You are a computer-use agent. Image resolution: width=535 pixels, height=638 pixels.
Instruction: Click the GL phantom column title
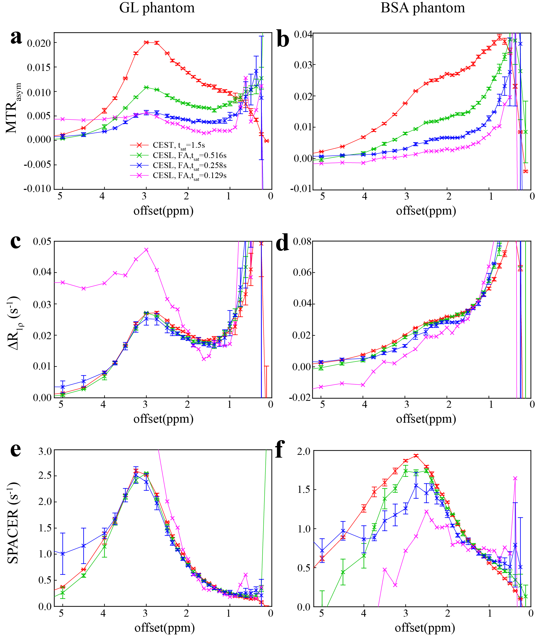tap(157, 8)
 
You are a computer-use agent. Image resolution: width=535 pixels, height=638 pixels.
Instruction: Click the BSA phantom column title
tap(423, 8)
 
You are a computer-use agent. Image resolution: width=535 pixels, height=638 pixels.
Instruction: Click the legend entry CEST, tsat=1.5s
tap(179, 145)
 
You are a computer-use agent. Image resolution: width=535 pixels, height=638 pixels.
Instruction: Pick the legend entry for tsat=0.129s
tap(189, 175)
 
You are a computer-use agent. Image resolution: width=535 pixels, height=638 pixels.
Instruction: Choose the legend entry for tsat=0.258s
tap(189, 165)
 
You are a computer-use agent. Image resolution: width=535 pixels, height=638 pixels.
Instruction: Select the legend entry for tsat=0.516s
tap(189, 155)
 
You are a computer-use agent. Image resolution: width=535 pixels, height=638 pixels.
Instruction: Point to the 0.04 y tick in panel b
tap(303, 35)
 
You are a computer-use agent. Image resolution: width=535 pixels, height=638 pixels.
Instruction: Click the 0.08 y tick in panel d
tap(302, 242)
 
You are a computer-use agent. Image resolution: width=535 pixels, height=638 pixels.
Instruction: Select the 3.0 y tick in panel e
tap(45, 451)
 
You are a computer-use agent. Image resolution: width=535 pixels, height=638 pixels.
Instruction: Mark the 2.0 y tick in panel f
tap(303, 451)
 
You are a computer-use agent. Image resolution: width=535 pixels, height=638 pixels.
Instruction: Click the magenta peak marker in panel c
tap(146, 250)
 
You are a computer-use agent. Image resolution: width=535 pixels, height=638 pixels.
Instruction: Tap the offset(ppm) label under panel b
tap(426, 210)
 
